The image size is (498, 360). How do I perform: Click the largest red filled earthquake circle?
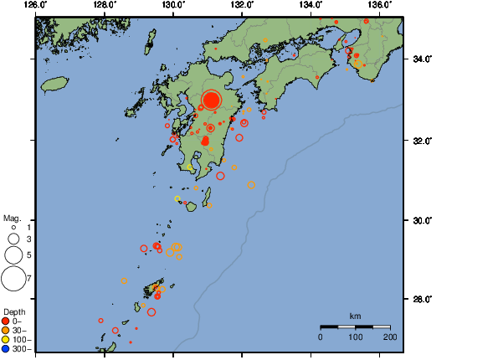211,100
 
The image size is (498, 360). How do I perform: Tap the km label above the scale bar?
355,316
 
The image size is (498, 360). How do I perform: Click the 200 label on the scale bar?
389,336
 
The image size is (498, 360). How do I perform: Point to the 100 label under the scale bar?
355,336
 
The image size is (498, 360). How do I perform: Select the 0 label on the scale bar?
321,336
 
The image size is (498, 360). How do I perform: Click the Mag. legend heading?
12,218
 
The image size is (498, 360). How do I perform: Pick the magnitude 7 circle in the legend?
13,276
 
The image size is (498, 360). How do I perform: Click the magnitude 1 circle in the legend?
13,227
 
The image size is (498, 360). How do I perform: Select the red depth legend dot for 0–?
6,321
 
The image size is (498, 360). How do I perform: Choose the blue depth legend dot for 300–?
6,349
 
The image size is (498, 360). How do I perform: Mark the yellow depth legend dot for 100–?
6,340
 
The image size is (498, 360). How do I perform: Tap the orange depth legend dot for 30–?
6,330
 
